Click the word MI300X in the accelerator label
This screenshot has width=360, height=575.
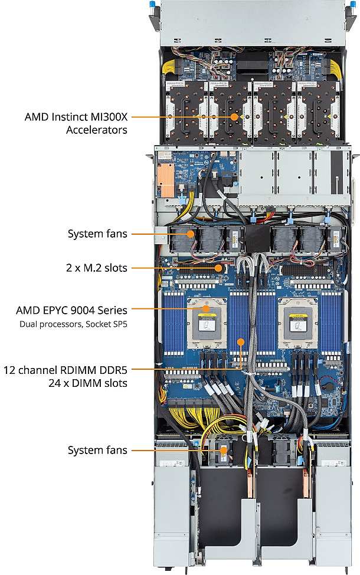click(x=109, y=117)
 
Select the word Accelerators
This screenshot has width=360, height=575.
click(x=97, y=129)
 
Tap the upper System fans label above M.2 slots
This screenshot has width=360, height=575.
click(x=97, y=234)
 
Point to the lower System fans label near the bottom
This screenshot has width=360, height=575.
click(x=97, y=451)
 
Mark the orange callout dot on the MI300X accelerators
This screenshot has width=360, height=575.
click(x=235, y=117)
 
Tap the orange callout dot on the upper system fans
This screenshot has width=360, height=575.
click(x=191, y=234)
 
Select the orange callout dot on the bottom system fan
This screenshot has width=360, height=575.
click(x=224, y=451)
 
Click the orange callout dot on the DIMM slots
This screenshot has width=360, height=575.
click(x=241, y=341)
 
